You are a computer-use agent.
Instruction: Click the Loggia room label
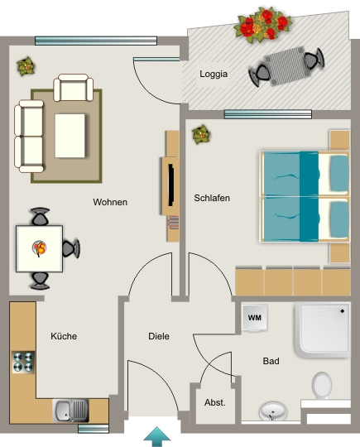[x=214, y=74]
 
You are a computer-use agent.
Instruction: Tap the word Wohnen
[x=110, y=202]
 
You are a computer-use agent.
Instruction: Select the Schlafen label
[x=212, y=198]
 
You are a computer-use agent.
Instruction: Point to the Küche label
[x=64, y=336]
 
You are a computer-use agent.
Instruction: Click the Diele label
[x=159, y=336]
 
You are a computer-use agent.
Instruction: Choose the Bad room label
[x=271, y=361]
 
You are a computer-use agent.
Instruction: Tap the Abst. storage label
[x=215, y=402]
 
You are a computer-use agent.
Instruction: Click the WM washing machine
[x=255, y=318]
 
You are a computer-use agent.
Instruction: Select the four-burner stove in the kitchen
[x=23, y=362]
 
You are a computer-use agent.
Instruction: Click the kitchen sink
[x=70, y=411]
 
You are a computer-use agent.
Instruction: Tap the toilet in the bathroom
[x=322, y=386]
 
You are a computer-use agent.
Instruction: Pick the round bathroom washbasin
[x=273, y=411]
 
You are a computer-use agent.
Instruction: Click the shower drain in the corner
[x=342, y=311]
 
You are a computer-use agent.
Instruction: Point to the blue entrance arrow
[x=156, y=436]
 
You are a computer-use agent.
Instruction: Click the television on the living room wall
[x=170, y=185]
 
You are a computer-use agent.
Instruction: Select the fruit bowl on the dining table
[x=39, y=248]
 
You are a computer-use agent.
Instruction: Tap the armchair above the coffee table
[x=74, y=87]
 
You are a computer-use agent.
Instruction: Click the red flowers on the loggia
[x=263, y=25]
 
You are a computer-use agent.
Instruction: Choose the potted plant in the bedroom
[x=201, y=134]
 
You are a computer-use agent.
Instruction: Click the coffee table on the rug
[x=70, y=136]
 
